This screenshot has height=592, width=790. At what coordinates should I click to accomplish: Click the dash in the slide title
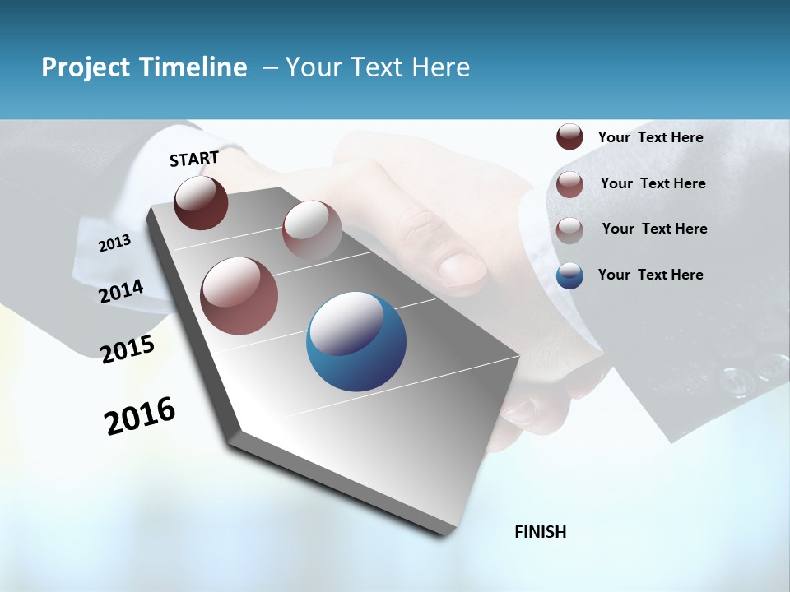270,67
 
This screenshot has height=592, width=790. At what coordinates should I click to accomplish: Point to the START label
194,159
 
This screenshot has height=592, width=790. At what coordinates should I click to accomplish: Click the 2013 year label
114,243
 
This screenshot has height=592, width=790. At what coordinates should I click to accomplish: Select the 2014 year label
121,291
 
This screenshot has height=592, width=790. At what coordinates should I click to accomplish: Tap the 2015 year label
128,349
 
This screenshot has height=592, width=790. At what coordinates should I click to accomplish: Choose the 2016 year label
140,415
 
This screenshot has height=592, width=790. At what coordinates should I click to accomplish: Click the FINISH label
540,532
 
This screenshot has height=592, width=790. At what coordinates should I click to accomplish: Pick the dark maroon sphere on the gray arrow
201,202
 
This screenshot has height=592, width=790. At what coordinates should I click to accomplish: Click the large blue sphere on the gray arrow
355,341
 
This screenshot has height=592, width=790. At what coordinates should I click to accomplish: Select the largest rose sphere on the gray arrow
239,296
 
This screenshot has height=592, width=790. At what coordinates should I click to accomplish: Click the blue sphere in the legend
569,275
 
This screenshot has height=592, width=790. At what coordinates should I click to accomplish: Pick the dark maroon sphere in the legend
569,136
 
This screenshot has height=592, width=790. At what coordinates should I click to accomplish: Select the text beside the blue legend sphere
650,275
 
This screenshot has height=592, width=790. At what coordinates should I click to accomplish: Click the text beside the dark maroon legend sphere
650,137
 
